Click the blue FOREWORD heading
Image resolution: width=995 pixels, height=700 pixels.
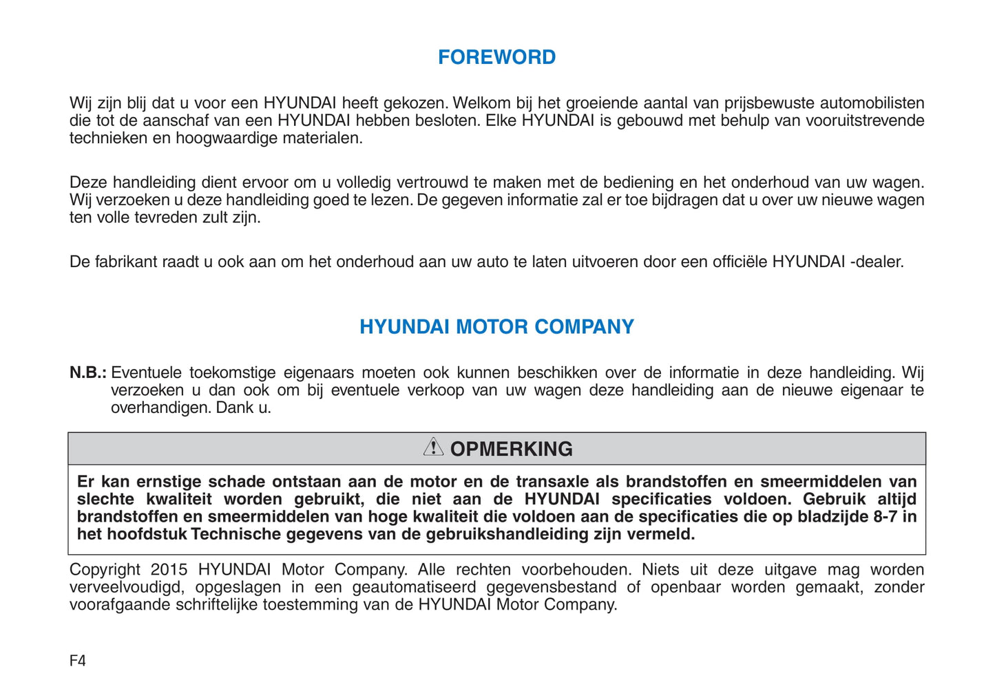496,57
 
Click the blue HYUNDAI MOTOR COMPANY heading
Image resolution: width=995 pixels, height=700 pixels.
496,327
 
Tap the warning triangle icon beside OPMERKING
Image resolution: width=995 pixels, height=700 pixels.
433,447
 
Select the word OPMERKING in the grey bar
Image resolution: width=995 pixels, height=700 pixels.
511,449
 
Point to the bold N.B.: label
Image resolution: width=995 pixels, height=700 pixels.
87,373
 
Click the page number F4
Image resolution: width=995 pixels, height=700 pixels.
78,661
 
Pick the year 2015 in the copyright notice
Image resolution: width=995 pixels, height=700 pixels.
169,570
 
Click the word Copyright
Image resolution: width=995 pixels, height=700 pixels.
105,570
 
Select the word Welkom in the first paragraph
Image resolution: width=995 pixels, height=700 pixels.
482,103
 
